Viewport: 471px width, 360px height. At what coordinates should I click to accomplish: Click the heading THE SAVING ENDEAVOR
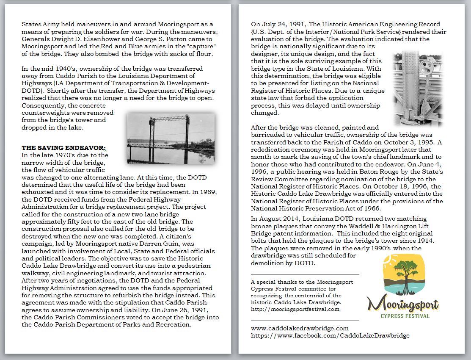click(x=63, y=148)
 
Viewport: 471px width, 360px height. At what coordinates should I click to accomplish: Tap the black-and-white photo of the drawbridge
click(x=171, y=138)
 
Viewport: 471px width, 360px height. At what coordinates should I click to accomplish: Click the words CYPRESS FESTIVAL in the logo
click(x=405, y=316)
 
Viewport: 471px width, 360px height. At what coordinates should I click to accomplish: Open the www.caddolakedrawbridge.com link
click(x=300, y=328)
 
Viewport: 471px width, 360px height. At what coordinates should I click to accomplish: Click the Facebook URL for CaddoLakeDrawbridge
click(x=330, y=335)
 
